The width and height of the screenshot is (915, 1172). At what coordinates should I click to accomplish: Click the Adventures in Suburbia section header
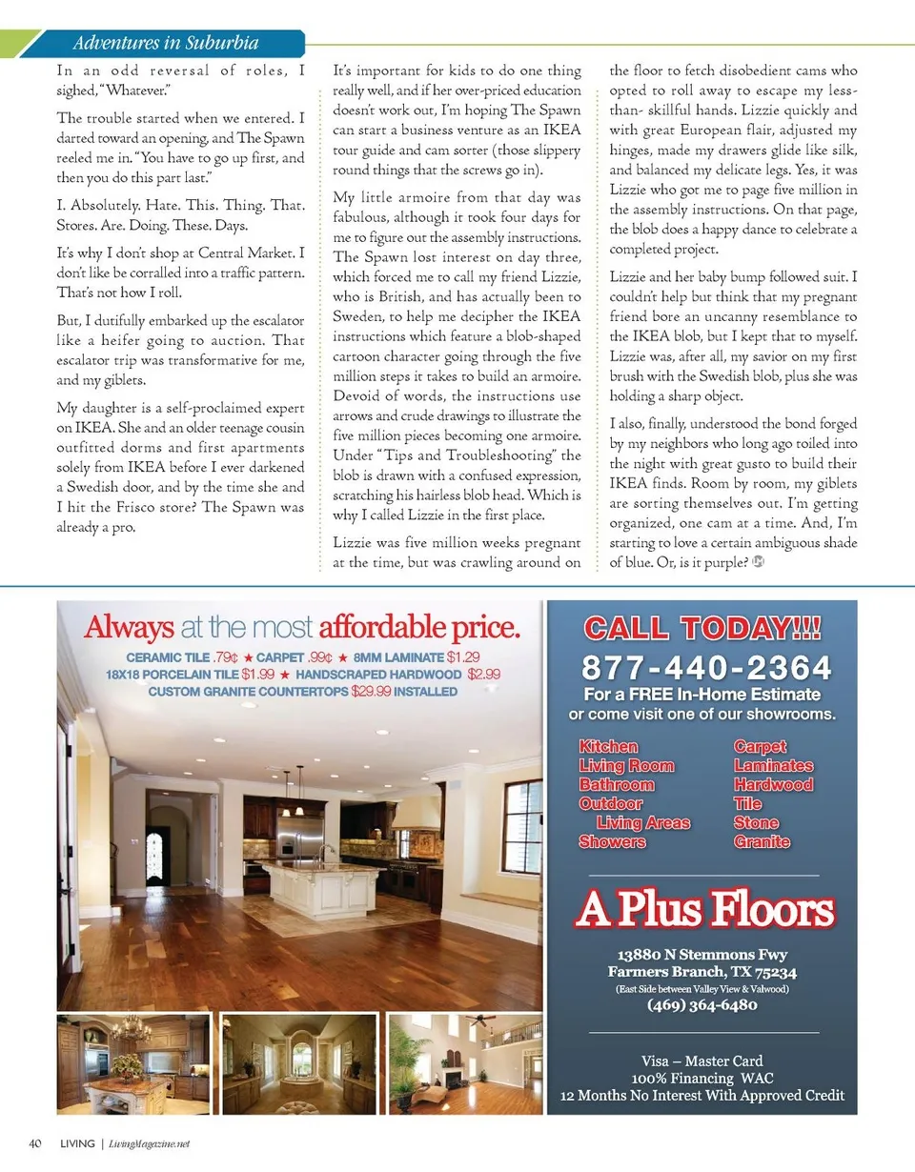click(x=166, y=43)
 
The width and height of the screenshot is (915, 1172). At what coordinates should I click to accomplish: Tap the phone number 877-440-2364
click(x=705, y=666)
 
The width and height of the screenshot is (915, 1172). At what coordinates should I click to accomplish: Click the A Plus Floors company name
click(x=704, y=912)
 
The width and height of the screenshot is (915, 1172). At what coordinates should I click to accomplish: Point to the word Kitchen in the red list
click(x=608, y=747)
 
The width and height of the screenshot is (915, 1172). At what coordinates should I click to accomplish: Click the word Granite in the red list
click(x=762, y=841)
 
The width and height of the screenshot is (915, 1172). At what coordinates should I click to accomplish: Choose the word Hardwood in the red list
click(x=773, y=785)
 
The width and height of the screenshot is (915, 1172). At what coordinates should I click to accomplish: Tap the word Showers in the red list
click(x=612, y=841)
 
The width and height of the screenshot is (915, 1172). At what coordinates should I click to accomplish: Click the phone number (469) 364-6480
click(x=702, y=1005)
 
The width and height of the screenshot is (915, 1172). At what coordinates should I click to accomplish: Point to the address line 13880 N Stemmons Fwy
click(x=702, y=955)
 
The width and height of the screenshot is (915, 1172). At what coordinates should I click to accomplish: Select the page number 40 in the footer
click(x=34, y=1143)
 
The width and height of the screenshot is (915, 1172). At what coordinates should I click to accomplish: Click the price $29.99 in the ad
click(x=371, y=691)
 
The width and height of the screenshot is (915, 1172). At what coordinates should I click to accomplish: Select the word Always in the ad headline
click(x=130, y=627)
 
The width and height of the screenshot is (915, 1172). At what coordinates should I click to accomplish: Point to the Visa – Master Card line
click(x=702, y=1061)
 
